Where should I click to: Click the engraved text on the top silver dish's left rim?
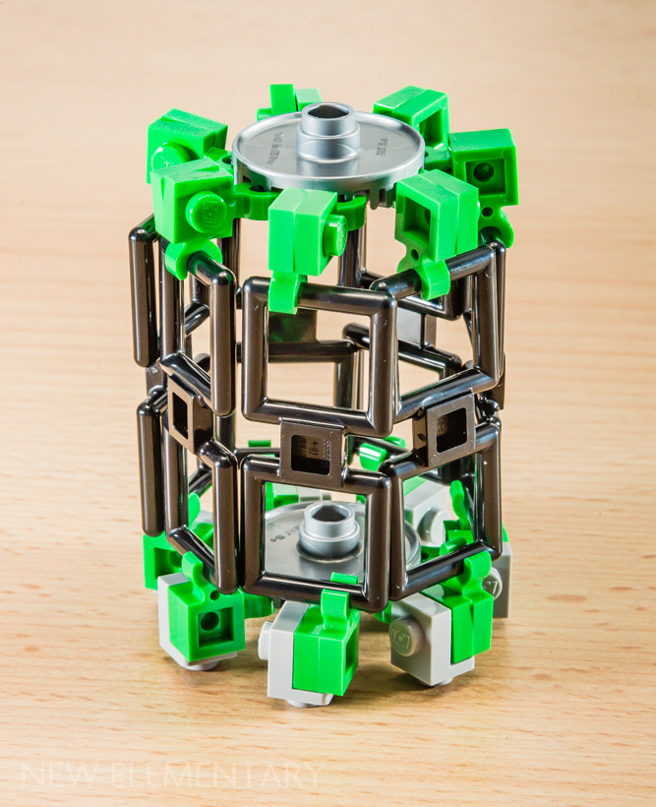[262, 138]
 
